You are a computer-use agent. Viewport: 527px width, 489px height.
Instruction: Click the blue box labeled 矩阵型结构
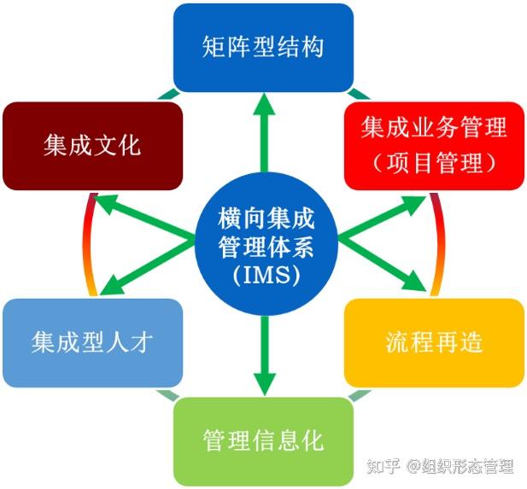coord(263,46)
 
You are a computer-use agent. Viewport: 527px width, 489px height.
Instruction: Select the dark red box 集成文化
coord(92,146)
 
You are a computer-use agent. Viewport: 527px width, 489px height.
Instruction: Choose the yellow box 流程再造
coord(434,342)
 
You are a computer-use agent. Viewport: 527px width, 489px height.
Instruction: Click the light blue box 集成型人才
coord(92,342)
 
